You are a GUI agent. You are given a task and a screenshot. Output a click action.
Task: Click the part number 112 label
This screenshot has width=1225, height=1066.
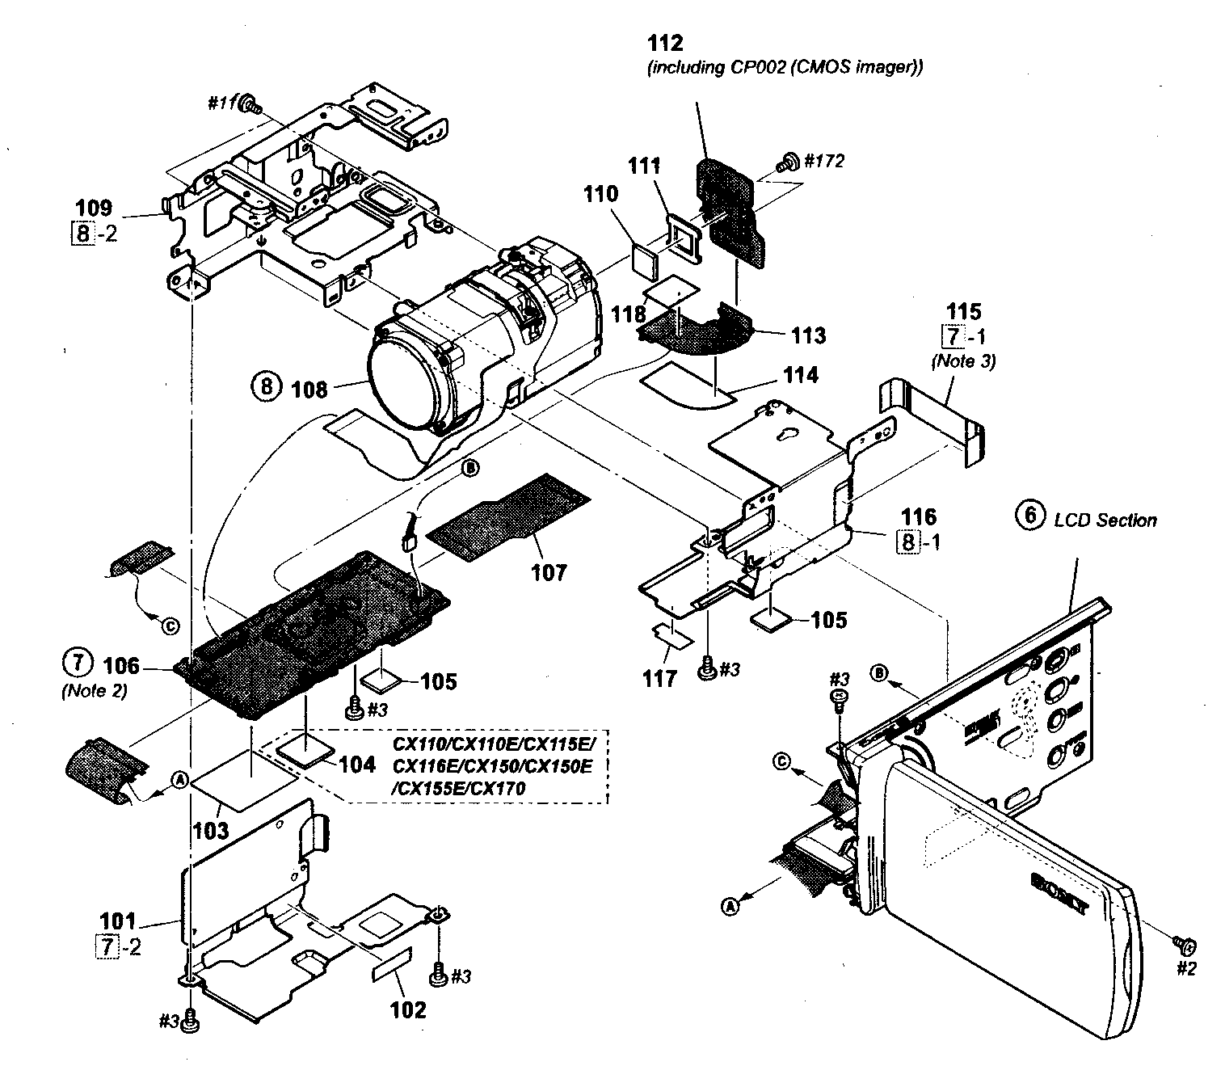coord(666,43)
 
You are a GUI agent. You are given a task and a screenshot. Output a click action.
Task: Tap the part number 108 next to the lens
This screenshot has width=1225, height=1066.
coord(309,390)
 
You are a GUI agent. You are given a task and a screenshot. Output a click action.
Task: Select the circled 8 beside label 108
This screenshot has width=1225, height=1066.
coord(266,387)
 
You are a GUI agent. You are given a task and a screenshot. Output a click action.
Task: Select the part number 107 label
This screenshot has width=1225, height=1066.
coord(549,572)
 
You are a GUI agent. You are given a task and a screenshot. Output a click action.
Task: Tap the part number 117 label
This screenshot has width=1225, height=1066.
coord(659,677)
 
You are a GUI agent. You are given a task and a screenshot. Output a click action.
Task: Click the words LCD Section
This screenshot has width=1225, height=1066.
coord(1105,520)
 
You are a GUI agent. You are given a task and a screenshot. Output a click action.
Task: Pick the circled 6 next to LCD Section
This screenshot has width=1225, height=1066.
coord(1030,518)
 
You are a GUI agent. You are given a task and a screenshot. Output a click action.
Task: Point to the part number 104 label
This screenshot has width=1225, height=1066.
coord(358,764)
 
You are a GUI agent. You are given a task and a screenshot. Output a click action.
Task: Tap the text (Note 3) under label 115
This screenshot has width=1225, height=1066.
coord(963,361)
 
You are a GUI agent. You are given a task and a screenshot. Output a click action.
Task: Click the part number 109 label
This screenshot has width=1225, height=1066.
coord(94,208)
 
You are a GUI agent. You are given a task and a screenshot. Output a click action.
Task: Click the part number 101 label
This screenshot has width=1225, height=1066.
coord(118,921)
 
